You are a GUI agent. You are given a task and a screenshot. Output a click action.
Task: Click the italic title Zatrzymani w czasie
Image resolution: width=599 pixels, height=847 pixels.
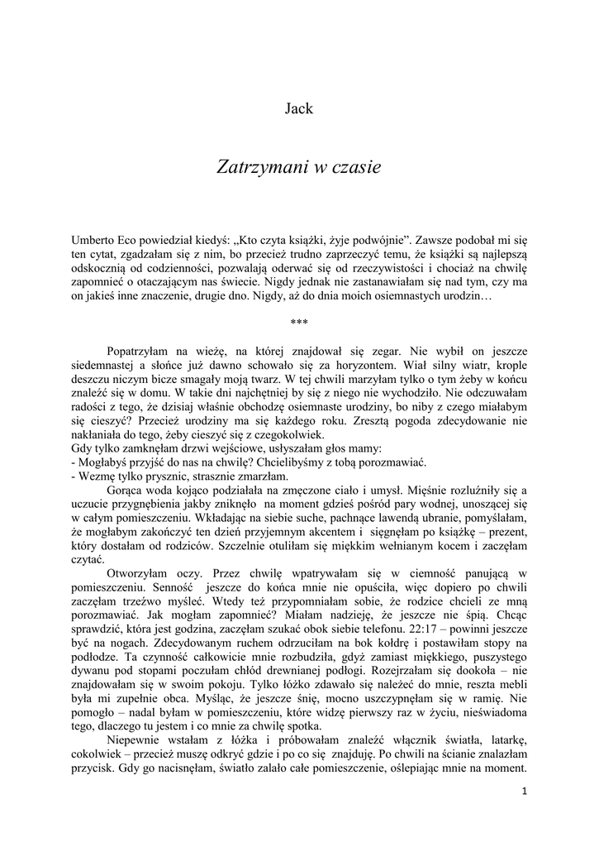[298, 166]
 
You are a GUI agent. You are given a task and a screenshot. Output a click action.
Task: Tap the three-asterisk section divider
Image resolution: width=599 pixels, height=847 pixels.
[299, 323]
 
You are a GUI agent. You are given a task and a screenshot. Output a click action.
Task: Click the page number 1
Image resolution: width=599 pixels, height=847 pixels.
[524, 791]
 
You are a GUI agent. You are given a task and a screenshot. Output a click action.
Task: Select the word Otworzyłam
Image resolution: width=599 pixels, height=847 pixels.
[138, 572]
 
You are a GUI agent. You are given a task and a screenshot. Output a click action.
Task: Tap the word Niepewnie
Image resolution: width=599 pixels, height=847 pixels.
[138, 739]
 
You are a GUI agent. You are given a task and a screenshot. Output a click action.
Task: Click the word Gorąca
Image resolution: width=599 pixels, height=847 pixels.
[126, 490]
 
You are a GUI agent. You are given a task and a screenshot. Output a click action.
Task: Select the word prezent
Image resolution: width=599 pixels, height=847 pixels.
[506, 531]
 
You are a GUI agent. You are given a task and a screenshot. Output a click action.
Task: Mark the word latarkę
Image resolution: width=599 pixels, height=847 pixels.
[505, 739]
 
